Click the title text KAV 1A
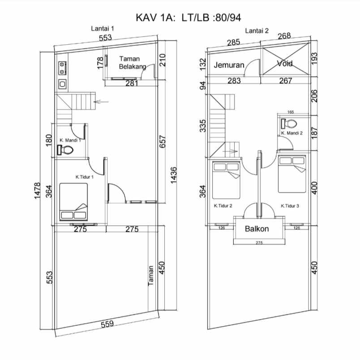(x=155, y=17)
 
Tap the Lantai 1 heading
(x=103, y=29)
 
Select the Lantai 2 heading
(x=257, y=31)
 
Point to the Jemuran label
(x=229, y=65)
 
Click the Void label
(x=285, y=63)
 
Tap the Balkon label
(x=257, y=229)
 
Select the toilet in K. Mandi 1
(x=65, y=150)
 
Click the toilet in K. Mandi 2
(x=289, y=124)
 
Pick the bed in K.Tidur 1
(x=73, y=202)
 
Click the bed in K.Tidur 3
(x=292, y=174)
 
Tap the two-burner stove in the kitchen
(x=62, y=68)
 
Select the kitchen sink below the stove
(x=62, y=84)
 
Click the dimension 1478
(x=37, y=191)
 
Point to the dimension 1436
(x=174, y=175)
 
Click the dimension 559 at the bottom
(x=107, y=324)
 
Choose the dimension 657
(x=162, y=141)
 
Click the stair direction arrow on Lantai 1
(x=101, y=102)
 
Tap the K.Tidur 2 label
(x=223, y=206)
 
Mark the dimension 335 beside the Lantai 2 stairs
(x=203, y=126)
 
